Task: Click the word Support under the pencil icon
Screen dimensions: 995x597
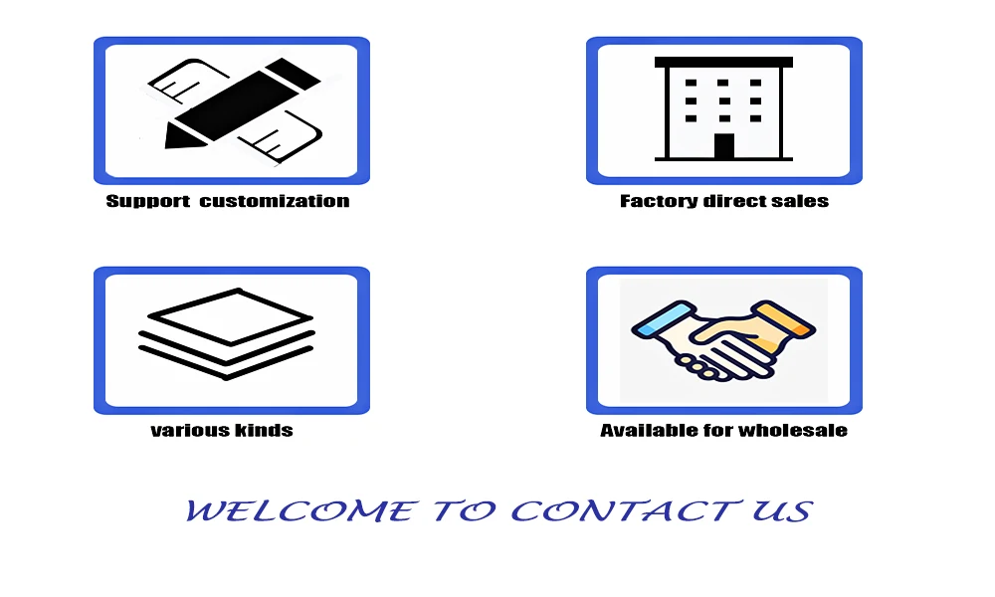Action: coord(148,202)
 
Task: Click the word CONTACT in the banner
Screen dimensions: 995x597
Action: coord(626,510)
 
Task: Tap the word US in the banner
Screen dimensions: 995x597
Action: coord(782,510)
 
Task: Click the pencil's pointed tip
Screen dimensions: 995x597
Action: coord(166,147)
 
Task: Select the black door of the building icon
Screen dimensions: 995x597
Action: coord(724,146)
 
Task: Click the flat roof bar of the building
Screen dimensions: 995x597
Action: coord(723,62)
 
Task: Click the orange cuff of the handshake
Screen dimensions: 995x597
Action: coord(784,319)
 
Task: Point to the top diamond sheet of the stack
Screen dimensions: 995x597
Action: coord(231,316)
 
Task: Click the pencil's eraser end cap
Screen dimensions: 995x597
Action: coord(293,73)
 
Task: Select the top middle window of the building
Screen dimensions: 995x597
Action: coord(722,84)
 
